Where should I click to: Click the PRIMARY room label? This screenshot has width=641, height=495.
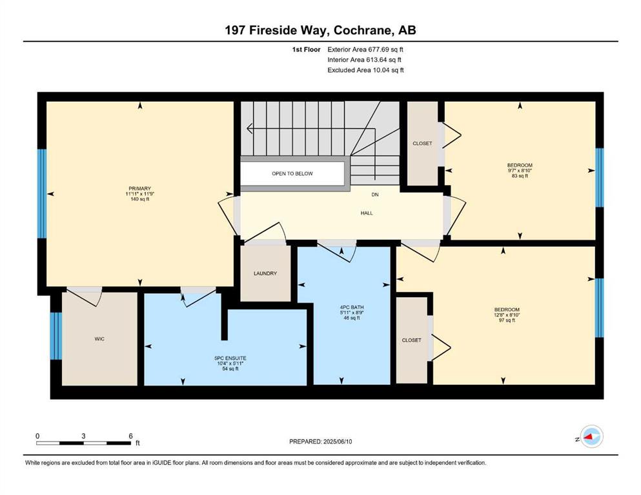[x=140, y=189]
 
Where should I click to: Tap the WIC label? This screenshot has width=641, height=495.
[x=99, y=339]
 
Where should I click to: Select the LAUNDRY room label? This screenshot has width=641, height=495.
[x=265, y=273]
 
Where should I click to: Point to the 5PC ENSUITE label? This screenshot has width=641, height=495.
[x=230, y=358]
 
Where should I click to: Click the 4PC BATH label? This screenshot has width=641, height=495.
[x=352, y=307]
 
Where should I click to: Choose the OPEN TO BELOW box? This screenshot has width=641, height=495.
[x=292, y=173]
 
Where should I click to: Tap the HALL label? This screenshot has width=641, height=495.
[x=367, y=213]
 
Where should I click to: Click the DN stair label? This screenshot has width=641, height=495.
[x=375, y=195]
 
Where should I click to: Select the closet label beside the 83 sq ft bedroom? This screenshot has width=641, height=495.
[x=422, y=144]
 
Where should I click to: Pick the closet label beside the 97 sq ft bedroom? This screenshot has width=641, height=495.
[x=412, y=340]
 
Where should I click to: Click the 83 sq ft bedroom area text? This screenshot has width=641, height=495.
[x=520, y=176]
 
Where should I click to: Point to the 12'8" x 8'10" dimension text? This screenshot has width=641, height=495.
[x=507, y=315]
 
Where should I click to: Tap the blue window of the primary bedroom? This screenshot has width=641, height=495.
[x=42, y=193]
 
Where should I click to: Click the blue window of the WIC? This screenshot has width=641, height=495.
[x=56, y=336]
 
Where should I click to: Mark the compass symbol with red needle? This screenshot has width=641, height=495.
[x=591, y=436]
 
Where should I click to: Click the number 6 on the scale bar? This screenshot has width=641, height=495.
[x=131, y=436]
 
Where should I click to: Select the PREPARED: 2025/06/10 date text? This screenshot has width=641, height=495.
[x=320, y=442]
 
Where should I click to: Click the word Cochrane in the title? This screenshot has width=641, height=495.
[x=361, y=30]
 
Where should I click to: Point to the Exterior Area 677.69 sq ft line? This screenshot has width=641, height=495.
[x=365, y=50]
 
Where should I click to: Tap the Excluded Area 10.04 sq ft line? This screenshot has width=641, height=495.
[x=365, y=70]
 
